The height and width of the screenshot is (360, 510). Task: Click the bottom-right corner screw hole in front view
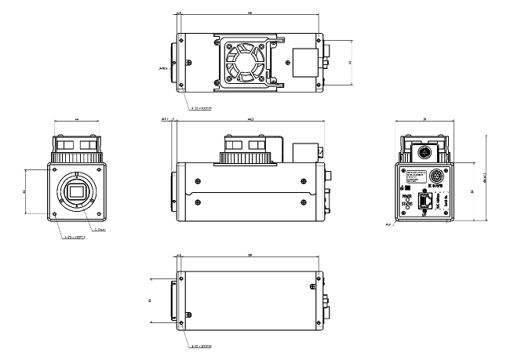(97, 214)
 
